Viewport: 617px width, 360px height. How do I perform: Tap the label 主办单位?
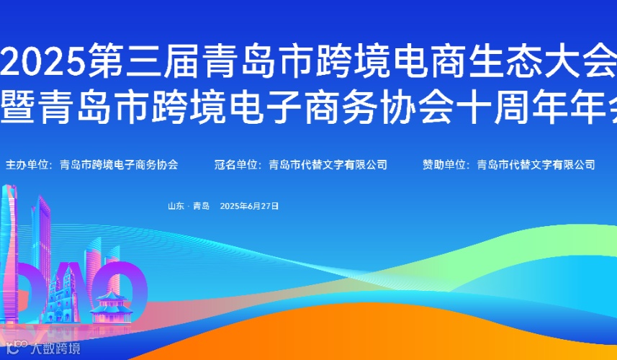pyautogui.click(x=27, y=164)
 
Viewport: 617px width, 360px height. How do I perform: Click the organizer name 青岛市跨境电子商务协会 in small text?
pyautogui.click(x=119, y=164)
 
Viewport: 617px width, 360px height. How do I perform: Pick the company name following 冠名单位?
pyautogui.click(x=328, y=164)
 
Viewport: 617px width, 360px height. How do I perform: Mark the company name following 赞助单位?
pyautogui.click(x=536, y=164)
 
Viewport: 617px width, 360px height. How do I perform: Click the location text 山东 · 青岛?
pyautogui.click(x=188, y=206)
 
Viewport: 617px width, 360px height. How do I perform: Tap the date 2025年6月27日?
pyautogui.click(x=249, y=206)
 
